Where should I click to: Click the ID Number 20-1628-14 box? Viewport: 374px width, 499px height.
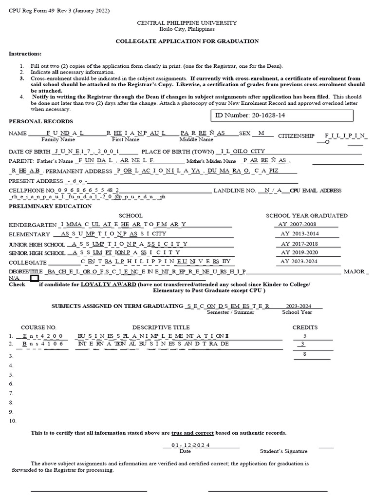(281, 116)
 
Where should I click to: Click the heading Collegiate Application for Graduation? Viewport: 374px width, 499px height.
(187, 41)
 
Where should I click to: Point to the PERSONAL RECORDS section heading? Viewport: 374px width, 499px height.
(41, 121)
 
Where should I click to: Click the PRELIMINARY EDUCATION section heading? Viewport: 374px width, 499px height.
(50, 206)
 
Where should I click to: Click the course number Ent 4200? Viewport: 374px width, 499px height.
(43, 336)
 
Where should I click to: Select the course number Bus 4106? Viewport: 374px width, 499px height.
(43, 344)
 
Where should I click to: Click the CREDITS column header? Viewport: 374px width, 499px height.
(305, 327)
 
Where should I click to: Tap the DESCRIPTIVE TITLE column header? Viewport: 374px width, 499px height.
(161, 327)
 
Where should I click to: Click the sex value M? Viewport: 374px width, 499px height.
(262, 133)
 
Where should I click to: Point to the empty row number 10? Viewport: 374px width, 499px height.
(13, 421)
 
